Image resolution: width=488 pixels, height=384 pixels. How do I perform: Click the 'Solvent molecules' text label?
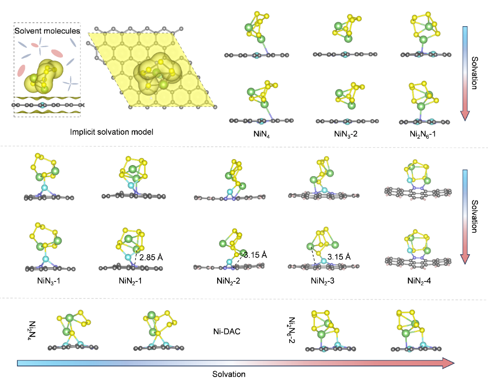(x=47, y=31)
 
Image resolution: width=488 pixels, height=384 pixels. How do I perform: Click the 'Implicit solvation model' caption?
(x=112, y=132)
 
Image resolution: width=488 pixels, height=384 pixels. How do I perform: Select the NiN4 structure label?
(x=261, y=134)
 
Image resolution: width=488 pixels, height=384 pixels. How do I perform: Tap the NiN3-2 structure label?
(x=346, y=134)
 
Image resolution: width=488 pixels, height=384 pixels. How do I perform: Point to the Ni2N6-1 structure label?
(x=423, y=134)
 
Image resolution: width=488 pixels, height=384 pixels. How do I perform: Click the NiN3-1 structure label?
(x=49, y=281)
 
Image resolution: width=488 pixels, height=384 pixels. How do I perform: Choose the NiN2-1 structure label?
(x=130, y=281)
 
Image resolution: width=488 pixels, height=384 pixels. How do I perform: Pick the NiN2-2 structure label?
(x=228, y=281)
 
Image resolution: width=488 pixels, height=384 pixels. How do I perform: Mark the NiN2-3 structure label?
(x=322, y=281)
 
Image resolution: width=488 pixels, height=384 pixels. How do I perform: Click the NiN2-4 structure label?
(x=419, y=281)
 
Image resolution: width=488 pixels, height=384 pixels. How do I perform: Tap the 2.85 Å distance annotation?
(x=151, y=258)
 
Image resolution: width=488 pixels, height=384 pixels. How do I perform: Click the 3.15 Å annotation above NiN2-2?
(x=255, y=255)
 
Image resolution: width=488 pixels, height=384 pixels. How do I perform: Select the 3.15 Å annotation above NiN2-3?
(x=339, y=257)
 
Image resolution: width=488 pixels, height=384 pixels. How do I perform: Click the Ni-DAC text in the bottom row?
(x=227, y=331)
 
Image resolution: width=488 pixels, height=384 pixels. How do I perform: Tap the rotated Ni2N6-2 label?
(x=292, y=330)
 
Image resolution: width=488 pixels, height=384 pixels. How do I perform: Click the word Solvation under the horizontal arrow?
(x=229, y=374)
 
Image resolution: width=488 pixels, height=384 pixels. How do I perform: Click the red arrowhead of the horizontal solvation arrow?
(x=449, y=363)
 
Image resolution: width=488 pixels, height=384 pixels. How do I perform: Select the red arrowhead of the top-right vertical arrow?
(x=465, y=115)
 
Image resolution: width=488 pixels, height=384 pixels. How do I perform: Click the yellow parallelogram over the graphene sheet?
(x=151, y=69)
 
